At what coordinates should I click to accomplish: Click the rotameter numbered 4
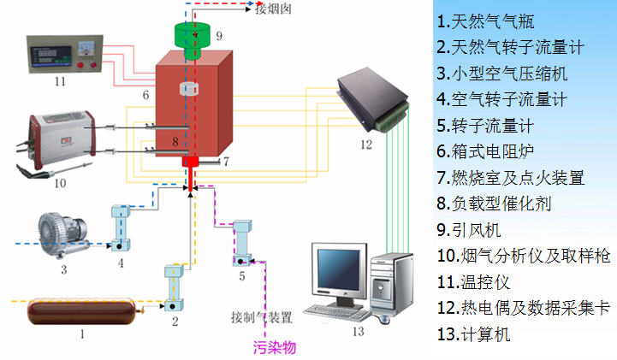click(120, 227)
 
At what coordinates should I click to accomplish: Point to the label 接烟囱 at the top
click(274, 9)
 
